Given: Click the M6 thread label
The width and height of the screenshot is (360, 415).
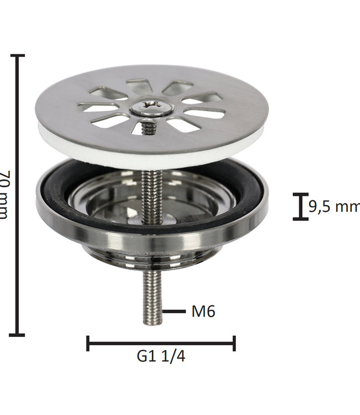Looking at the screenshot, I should tap(203, 312).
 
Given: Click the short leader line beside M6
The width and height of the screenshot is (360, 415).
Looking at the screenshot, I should tap(174, 312).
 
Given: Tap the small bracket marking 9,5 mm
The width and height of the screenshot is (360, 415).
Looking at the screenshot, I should tap(300, 207).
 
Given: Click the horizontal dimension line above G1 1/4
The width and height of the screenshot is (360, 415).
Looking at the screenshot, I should tap(161, 344).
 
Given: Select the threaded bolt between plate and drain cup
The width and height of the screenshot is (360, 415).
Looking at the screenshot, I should tap(148, 191).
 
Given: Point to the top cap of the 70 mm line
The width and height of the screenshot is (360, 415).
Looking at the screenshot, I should tap(18, 55).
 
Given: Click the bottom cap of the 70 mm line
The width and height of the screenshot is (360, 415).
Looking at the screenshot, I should tap(18, 334).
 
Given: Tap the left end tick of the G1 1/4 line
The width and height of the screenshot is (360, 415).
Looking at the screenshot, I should tap(88, 344).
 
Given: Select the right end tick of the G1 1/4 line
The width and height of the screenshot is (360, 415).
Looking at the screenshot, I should tap(234, 344).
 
